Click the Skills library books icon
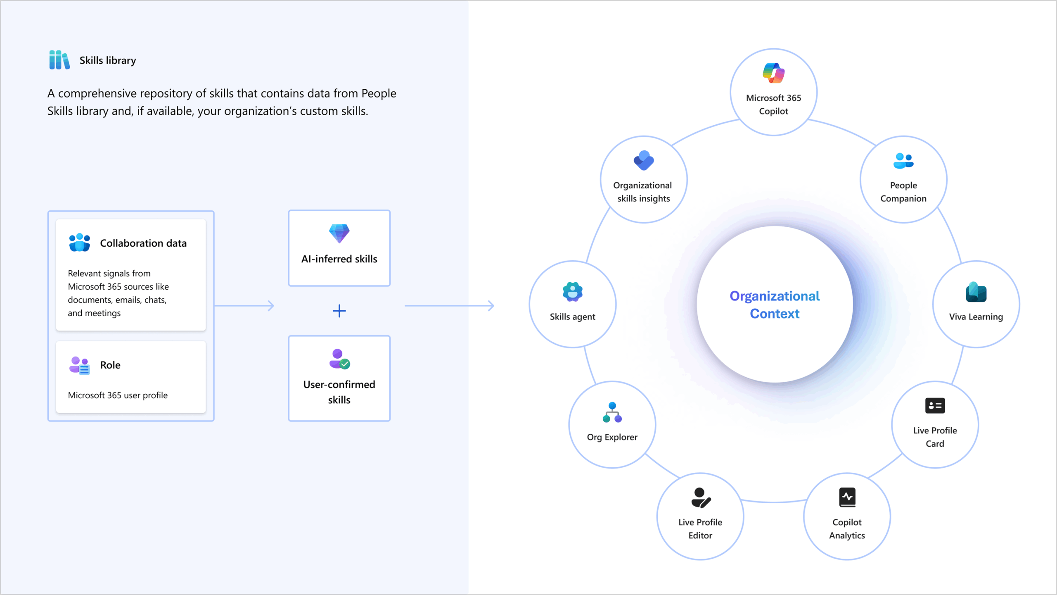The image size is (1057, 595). [x=59, y=60]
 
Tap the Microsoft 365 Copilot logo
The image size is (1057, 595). [x=773, y=73]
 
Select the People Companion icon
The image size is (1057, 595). [x=903, y=161]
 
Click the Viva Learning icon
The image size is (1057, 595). [x=976, y=292]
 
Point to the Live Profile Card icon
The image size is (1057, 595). [x=935, y=406]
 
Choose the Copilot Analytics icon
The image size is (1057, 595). [x=847, y=497]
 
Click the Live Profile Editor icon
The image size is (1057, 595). [x=701, y=497]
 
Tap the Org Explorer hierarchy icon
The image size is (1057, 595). [x=612, y=412]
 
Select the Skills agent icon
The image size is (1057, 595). [x=573, y=292]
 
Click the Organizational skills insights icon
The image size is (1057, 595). [x=644, y=160]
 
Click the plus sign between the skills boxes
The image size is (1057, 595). [x=339, y=311]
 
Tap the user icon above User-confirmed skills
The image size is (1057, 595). [x=339, y=359]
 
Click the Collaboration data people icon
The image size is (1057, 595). [x=80, y=243]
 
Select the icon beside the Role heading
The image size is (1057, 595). [x=80, y=365]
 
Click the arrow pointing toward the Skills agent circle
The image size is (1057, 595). [x=449, y=306]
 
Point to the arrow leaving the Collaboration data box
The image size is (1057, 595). [x=244, y=306]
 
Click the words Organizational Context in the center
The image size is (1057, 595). [x=775, y=305]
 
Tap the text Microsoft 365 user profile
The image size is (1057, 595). [x=118, y=395]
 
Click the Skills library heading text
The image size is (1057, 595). [x=108, y=60]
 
